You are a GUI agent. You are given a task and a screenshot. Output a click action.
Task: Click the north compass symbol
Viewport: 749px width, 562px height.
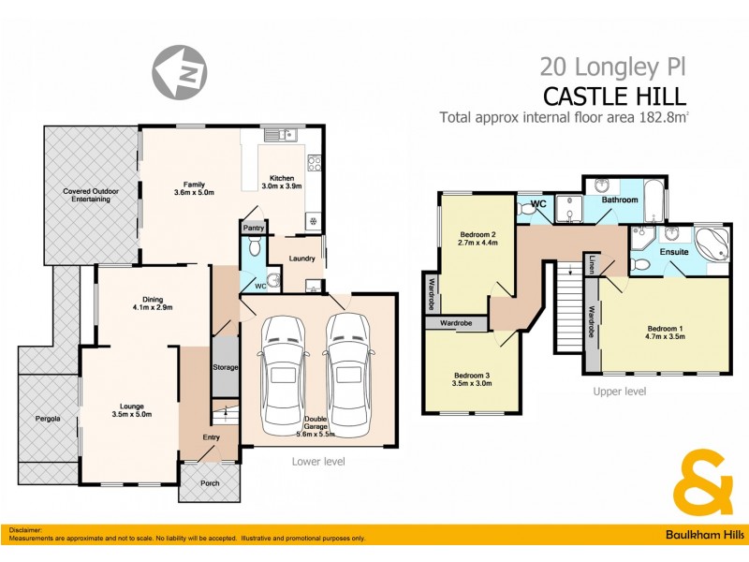[181, 69]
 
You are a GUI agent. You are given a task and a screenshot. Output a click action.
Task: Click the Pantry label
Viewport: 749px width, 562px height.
[254, 228]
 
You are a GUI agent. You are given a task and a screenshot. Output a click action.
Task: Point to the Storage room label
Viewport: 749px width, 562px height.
[226, 367]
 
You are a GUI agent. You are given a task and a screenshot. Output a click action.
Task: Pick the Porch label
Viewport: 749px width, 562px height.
[209, 484]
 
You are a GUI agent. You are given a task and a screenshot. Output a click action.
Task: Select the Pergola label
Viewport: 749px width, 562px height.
[48, 419]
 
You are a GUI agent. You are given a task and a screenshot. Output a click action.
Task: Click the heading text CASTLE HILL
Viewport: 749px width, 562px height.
[615, 96]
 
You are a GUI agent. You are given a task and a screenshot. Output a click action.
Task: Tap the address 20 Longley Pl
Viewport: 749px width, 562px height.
[613, 67]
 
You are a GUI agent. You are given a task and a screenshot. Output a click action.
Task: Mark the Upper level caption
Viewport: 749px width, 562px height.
[619, 392]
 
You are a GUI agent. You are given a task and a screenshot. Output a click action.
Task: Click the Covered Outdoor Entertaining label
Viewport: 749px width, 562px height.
[91, 196]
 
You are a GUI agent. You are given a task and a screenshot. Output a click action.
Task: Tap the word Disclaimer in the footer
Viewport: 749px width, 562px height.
[27, 530]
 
